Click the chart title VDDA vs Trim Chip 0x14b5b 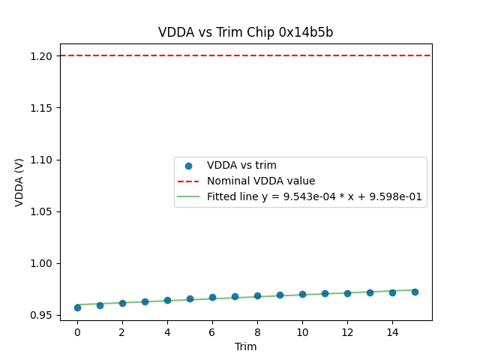245,32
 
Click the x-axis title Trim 245,346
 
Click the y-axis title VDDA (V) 19,182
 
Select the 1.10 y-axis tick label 41,160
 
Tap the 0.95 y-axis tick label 41,315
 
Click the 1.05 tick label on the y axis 41,211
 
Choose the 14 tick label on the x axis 392,331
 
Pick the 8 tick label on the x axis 257,331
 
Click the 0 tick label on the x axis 77,331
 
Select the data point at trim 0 77,307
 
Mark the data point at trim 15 415,292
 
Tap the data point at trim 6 212,298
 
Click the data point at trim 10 302,295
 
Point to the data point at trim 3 145,301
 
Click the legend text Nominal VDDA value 261,181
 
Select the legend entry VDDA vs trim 241,166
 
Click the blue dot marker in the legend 188,166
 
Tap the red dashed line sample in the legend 188,181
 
